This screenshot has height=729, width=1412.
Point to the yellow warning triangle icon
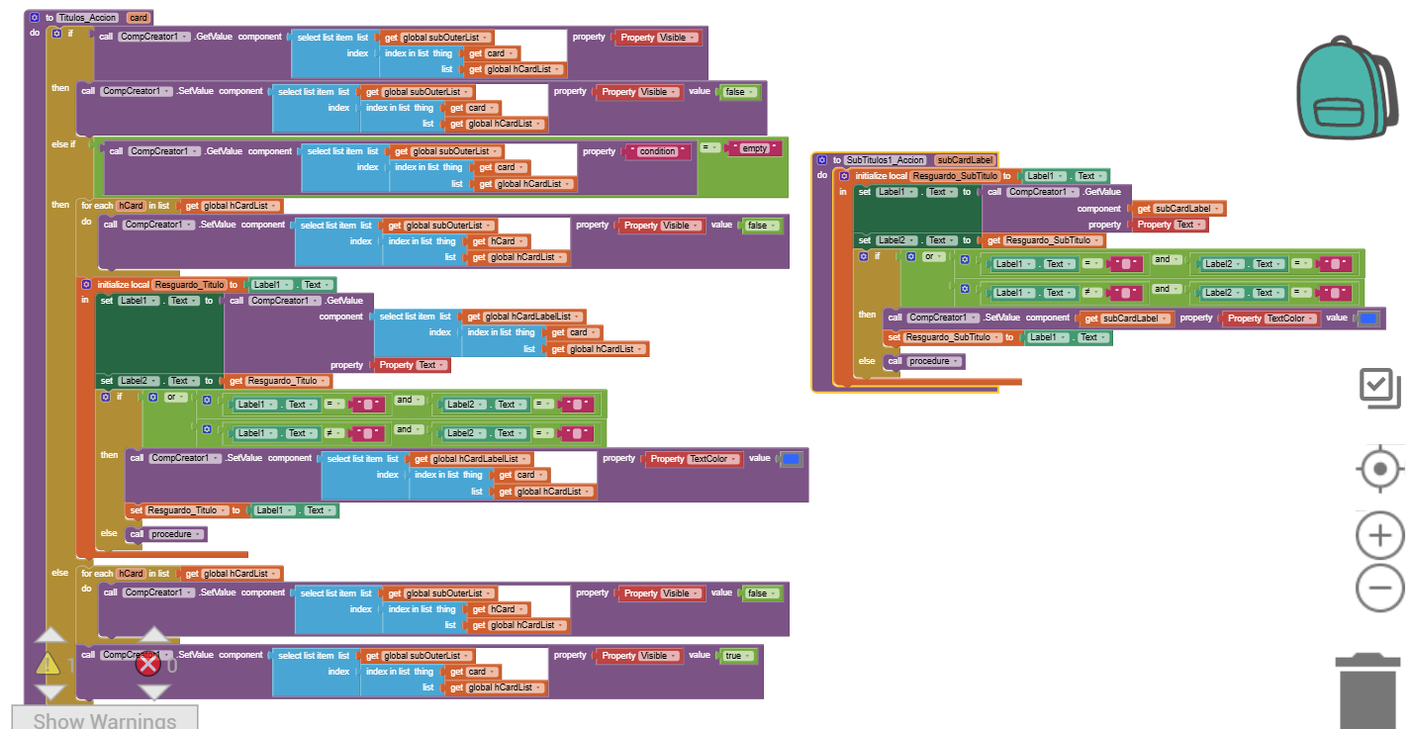coord(48,664)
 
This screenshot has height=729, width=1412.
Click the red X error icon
coord(148,664)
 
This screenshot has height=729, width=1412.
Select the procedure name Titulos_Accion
coord(88,18)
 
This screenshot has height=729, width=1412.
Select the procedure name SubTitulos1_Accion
coord(885,160)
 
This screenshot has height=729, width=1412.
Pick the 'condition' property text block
coord(657,151)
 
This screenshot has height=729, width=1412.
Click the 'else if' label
coord(63,143)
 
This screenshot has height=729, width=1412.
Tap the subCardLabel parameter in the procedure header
coord(965,160)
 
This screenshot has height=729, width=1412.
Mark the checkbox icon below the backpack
coord(1379,388)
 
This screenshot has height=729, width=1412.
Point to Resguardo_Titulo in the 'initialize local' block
coord(189,285)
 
